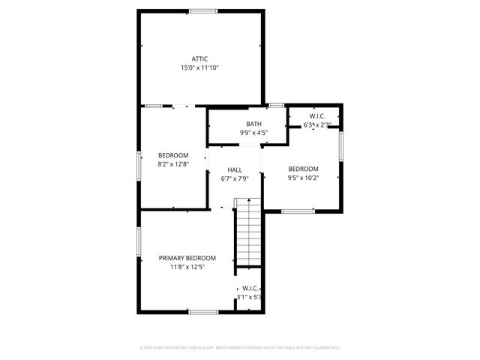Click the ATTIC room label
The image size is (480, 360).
199,58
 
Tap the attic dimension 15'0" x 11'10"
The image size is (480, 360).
199,67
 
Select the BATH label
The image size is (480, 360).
253,124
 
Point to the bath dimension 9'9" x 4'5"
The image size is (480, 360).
253,133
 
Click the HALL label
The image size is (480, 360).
235,169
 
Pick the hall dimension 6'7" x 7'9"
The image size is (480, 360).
235,178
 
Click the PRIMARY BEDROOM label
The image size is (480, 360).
187,258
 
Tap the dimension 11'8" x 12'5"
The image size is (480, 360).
187,267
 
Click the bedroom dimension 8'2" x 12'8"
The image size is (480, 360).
172,164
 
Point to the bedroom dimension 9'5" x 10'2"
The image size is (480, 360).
303,178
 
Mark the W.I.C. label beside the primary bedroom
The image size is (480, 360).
250,288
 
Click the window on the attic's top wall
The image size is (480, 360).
202,10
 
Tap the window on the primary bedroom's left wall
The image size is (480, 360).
139,244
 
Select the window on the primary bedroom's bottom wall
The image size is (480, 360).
202,311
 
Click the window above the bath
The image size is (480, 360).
276,105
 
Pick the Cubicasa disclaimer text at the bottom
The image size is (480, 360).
240,348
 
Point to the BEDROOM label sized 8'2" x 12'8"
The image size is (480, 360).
172,155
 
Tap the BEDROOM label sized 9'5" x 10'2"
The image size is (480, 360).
303,169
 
